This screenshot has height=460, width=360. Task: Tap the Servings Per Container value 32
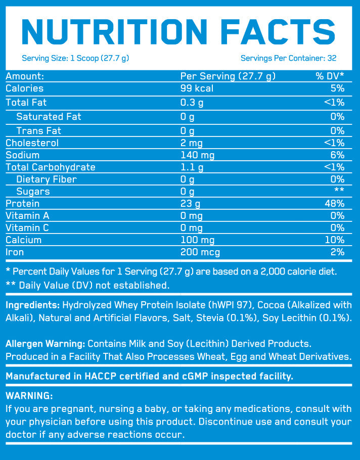332,58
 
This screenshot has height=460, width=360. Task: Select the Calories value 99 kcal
197,88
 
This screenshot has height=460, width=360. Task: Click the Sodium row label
22,155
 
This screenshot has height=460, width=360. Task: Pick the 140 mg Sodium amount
198,155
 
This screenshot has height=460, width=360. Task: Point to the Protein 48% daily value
335,203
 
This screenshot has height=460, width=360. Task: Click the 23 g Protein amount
191,203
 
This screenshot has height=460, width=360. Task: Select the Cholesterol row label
32,143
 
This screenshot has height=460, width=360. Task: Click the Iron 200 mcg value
200,252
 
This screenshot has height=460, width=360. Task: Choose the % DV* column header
330,76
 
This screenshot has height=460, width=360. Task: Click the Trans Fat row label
39,130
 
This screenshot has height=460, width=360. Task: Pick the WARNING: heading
29,395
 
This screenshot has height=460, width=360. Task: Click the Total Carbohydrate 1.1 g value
192,167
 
